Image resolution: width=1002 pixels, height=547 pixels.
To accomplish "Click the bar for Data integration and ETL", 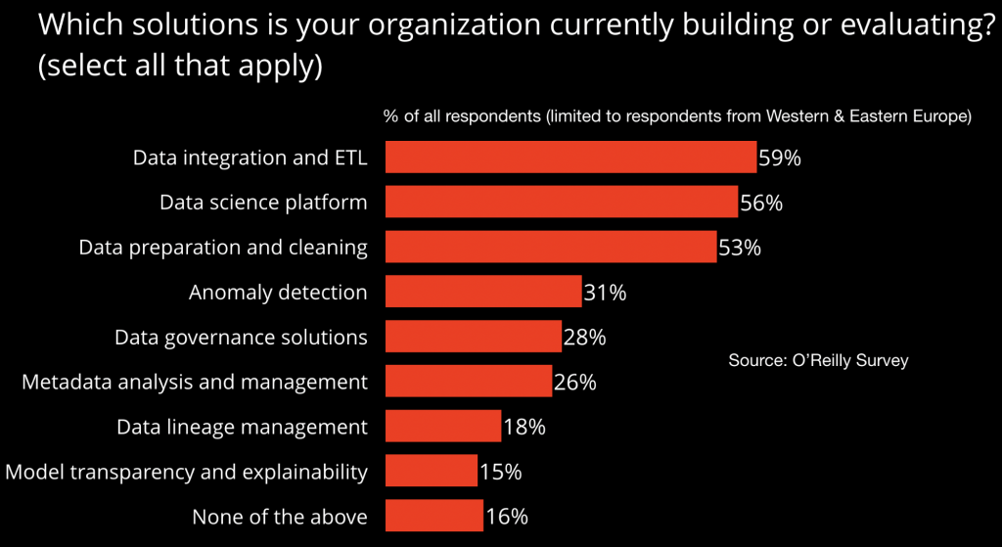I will (570, 157).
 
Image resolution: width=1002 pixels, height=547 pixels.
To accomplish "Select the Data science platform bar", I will (561, 202).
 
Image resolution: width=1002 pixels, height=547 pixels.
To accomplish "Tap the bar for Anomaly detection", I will (483, 292).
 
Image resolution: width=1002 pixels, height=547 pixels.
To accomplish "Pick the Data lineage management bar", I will (442, 427).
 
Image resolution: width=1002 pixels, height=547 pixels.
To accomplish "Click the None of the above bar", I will (433, 517).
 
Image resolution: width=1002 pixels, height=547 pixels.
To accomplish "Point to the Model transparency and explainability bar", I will (431, 472).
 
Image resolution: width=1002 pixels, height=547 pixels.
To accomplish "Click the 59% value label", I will (780, 158).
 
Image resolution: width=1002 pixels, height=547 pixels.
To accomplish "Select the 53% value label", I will (740, 248).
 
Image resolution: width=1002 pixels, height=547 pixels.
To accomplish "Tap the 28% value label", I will (585, 338).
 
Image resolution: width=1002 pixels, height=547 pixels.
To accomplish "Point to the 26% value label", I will (575, 383).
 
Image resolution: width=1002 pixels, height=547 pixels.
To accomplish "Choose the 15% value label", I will (500, 473).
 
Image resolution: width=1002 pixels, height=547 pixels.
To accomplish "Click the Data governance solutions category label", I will (241, 338).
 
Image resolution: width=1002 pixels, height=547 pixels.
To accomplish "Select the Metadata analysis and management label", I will (195, 382).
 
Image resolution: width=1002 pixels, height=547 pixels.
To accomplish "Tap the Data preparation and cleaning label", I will (223, 248).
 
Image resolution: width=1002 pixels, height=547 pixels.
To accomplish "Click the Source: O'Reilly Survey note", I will (818, 360).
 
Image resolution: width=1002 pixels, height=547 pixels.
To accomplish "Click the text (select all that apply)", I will (181, 69).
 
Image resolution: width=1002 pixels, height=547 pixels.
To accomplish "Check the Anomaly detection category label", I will (278, 292).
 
